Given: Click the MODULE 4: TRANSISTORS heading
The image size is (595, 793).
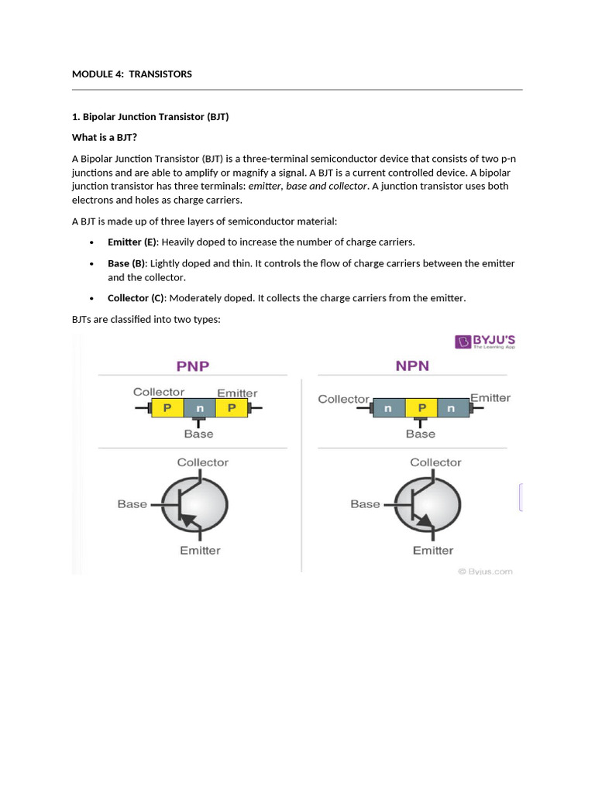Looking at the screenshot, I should click(x=132, y=74).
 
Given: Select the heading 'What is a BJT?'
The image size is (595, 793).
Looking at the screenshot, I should click(x=104, y=137).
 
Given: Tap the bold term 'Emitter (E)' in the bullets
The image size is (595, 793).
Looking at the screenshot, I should click(x=132, y=242).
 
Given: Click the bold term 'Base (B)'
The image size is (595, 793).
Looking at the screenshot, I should click(x=126, y=263).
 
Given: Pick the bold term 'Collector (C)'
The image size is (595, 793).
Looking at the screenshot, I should click(x=136, y=298).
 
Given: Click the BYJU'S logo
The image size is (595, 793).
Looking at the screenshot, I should click(x=486, y=342).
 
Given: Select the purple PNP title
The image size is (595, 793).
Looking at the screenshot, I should click(x=193, y=366).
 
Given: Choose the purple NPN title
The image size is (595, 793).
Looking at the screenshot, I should click(x=412, y=366).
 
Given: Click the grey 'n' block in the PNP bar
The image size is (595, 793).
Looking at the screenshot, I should click(x=199, y=407).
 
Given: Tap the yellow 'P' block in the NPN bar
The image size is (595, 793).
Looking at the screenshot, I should click(x=421, y=407).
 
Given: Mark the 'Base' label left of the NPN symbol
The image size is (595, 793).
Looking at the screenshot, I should click(x=365, y=504).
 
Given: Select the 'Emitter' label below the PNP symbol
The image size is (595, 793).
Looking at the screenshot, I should click(x=200, y=551).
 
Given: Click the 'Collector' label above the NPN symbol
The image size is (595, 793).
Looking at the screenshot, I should click(x=435, y=462).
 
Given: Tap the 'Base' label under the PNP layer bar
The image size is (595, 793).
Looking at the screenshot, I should click(x=198, y=434).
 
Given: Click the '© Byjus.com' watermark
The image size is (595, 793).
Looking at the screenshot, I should click(x=485, y=572).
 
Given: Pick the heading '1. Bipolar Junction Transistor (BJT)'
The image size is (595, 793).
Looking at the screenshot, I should click(x=150, y=117).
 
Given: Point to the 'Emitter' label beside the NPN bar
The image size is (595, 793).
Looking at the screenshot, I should click(x=490, y=398).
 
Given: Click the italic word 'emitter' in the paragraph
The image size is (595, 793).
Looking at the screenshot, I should click(x=265, y=186).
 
